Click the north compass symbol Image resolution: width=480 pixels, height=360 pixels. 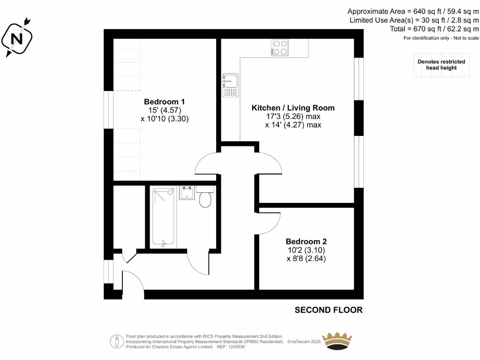coord(16,37)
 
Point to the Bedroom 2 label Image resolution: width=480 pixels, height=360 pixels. coord(306,241)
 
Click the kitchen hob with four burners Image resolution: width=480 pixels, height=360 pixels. coord(280,48)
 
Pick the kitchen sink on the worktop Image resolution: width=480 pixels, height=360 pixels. coord(230,85)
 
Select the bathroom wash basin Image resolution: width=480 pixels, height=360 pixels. coord(187,193)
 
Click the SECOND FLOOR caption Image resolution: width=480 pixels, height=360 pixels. coord(328,310)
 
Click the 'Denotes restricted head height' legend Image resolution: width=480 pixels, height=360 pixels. coord(441,65)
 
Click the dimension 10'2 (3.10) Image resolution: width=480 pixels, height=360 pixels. coord(306,250)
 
